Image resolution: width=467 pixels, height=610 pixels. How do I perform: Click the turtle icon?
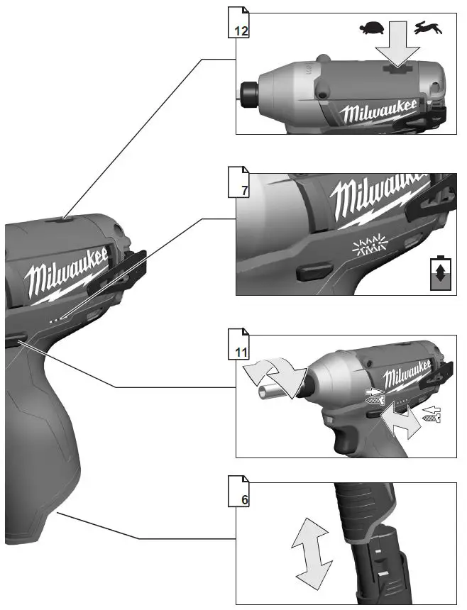[x=371, y=28]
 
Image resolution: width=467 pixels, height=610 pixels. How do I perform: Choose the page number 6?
[x=243, y=499]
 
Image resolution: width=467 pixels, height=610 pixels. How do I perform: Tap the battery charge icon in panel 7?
[x=440, y=272]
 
